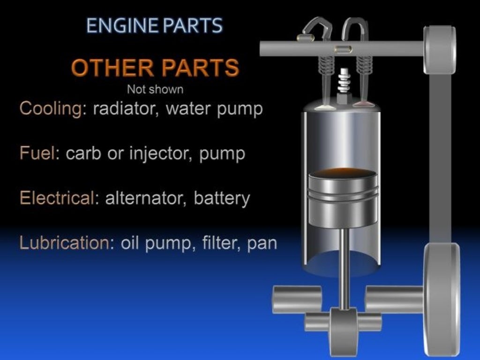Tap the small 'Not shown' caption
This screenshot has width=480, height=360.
155,89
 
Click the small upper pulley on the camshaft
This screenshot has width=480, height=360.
440,49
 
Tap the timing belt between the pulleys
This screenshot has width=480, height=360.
441,155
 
